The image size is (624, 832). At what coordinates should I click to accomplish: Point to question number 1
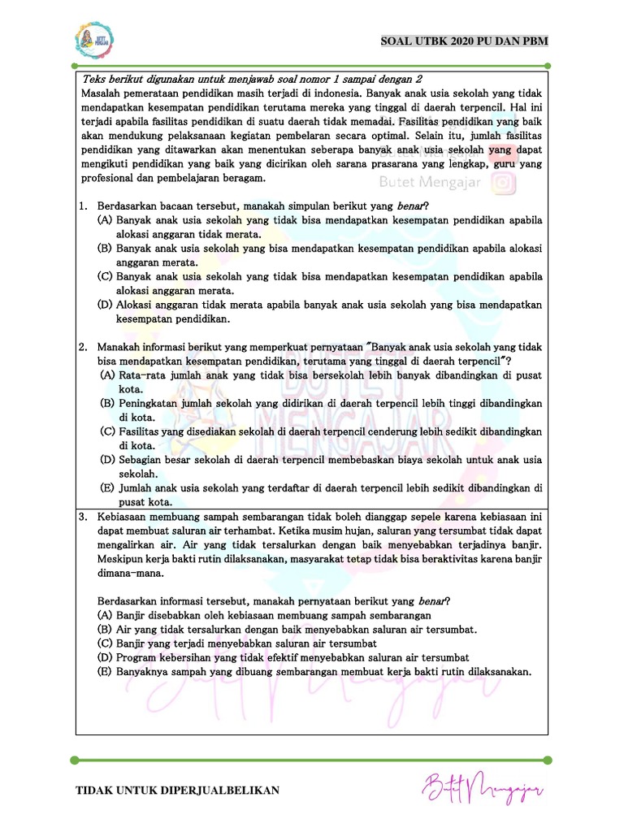[x=83, y=206]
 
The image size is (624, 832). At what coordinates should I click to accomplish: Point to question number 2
[x=83, y=348]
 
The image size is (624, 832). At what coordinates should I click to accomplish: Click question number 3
[x=83, y=517]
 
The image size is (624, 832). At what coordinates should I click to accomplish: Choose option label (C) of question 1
[x=104, y=276]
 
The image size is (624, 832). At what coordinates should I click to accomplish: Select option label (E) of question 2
[x=107, y=488]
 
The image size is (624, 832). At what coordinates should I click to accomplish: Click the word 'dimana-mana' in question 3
[x=129, y=573]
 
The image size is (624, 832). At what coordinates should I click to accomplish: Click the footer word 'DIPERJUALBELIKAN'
[x=221, y=791]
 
